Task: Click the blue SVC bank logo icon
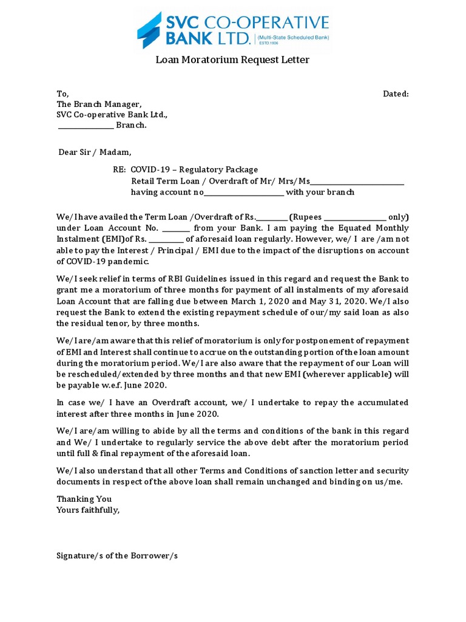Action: (150, 30)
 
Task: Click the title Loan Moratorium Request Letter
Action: (232, 60)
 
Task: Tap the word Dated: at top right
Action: (396, 94)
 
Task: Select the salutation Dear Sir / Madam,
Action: (94, 152)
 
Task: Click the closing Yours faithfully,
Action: (88, 510)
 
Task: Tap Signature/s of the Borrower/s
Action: (117, 555)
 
